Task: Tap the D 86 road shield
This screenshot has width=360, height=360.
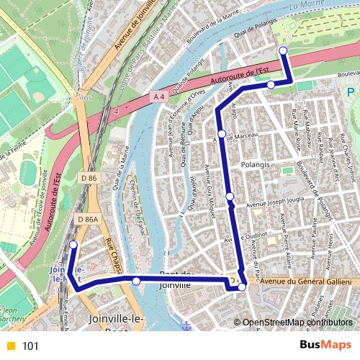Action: pos(89,177)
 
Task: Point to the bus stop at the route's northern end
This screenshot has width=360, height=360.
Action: pos(283,50)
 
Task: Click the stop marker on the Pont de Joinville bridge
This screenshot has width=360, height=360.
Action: pos(136,281)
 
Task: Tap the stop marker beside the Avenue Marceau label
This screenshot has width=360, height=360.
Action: pos(222,134)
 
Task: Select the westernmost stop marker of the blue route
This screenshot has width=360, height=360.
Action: pos(73,246)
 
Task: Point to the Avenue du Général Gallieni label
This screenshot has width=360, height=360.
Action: pos(305,282)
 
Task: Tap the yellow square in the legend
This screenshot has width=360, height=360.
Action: pos(10,346)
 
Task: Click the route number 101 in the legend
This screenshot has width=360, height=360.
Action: pos(30,346)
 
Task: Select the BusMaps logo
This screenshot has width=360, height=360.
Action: pos(326,345)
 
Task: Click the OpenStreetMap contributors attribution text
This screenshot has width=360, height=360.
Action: pos(298,323)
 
